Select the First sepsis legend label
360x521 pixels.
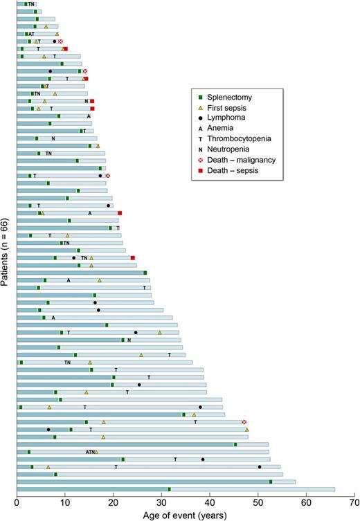pyautogui.click(x=231, y=108)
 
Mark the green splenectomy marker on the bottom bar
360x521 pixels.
pyautogui.click(x=170, y=489)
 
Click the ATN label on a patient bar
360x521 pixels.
pyautogui.click(x=90, y=452)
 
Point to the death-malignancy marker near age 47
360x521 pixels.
pyautogui.click(x=244, y=422)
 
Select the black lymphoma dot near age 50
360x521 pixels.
pyautogui.click(x=260, y=466)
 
